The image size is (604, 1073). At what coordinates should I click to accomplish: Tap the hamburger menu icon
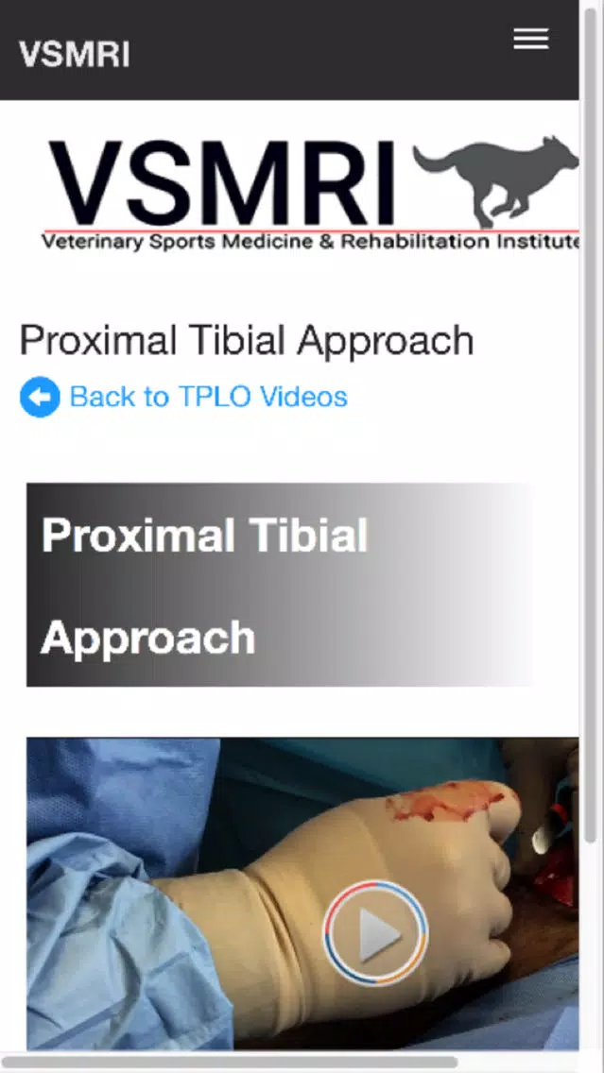[530, 39]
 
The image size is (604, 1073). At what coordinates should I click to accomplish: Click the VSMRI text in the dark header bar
[74, 55]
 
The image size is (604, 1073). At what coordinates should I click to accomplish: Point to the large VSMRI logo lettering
[221, 183]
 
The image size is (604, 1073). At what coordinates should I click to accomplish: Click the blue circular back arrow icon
[40, 397]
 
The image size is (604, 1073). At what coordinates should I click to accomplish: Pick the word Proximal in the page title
[98, 340]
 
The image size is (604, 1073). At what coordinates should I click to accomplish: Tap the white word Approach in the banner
[147, 639]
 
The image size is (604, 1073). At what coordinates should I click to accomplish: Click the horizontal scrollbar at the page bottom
[230, 1063]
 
